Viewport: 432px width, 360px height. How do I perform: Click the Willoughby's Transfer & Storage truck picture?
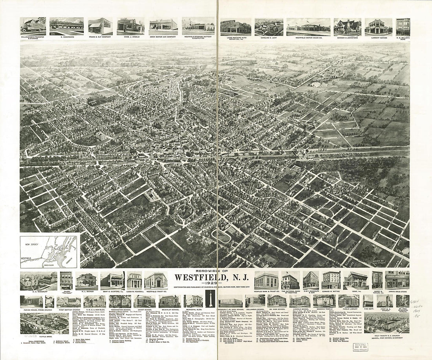[33, 26]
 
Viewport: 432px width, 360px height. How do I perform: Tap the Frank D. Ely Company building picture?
[100, 26]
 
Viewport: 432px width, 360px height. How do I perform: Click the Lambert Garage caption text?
[378, 38]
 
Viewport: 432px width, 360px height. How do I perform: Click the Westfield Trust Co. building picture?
[156, 280]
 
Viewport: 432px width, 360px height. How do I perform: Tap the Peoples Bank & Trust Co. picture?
[267, 280]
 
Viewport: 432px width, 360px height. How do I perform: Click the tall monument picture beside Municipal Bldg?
[210, 300]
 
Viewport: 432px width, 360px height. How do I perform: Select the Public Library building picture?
[349, 301]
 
